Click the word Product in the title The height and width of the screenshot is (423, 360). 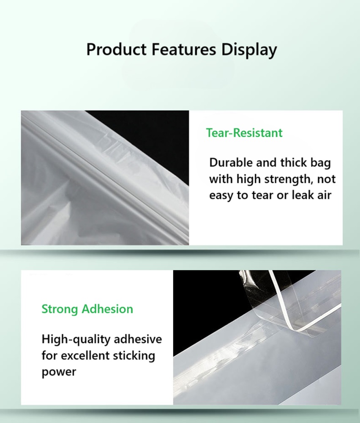117,49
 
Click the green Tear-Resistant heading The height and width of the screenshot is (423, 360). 244,133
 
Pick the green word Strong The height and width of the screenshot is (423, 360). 60,310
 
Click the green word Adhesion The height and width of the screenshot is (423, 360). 107,309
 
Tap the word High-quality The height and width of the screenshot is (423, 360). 76,340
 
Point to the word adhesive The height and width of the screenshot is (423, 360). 138,339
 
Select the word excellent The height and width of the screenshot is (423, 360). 85,355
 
